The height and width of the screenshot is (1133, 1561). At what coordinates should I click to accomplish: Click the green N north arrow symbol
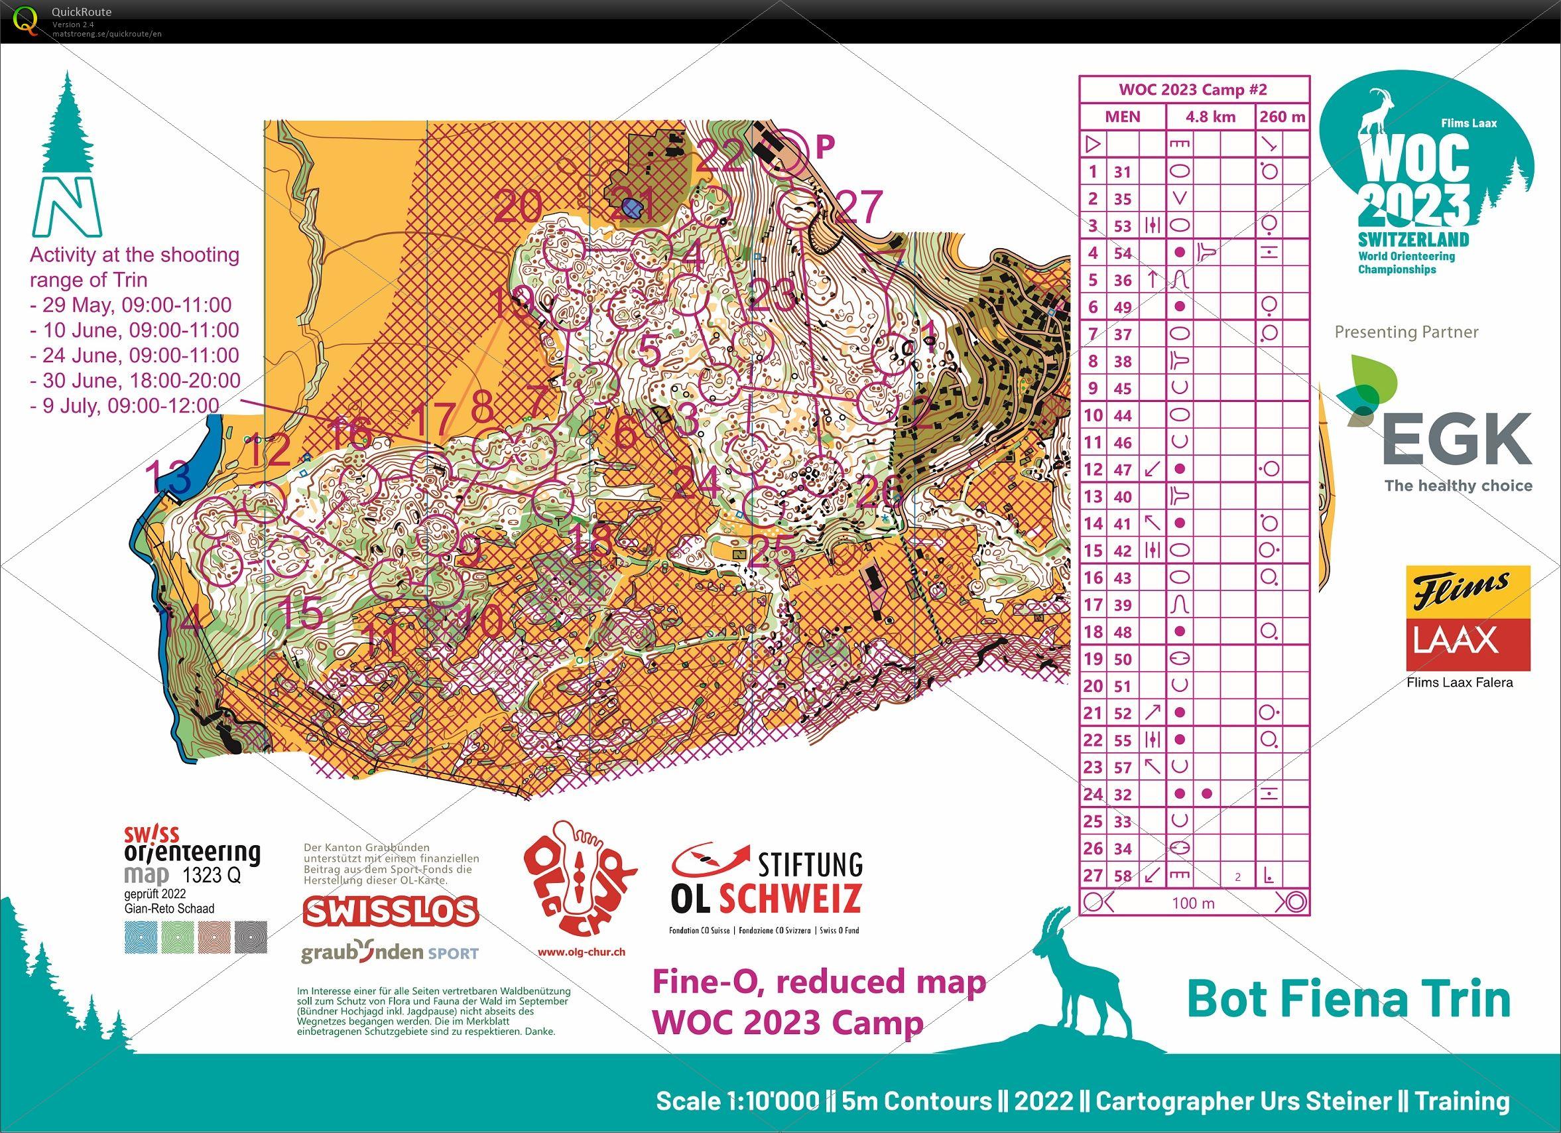(67, 206)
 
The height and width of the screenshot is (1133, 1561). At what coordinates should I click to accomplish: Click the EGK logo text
(1457, 439)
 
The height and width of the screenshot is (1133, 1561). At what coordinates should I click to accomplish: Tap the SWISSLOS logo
(390, 911)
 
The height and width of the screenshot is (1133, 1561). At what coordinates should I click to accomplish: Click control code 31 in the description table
(1123, 172)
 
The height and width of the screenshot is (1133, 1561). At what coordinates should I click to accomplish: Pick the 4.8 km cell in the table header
(1210, 117)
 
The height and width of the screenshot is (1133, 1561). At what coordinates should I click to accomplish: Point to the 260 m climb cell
(1282, 117)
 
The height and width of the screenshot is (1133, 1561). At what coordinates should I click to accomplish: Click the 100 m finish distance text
(1194, 903)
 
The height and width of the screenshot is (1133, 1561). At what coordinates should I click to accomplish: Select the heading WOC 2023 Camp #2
(1193, 90)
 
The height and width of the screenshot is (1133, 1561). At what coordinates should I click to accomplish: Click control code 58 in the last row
(1123, 876)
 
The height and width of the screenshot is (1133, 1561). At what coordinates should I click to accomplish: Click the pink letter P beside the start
(824, 145)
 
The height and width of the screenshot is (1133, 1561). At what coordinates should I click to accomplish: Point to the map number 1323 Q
(212, 876)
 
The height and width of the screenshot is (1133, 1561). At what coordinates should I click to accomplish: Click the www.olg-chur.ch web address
(581, 953)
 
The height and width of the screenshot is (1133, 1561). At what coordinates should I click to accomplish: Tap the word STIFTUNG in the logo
(810, 864)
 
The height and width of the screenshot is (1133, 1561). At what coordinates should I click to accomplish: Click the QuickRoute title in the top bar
(81, 12)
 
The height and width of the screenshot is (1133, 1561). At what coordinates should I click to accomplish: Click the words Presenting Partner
(1406, 332)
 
